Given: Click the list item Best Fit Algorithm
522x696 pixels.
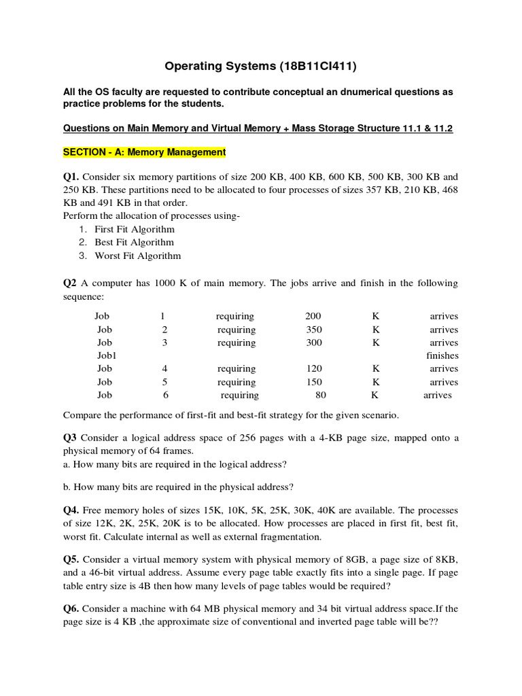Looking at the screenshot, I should (134, 242).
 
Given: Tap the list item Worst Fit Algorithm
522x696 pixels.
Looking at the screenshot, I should (137, 256).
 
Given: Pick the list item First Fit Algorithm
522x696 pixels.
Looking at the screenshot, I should (134, 229).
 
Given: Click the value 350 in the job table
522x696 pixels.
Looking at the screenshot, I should (314, 330).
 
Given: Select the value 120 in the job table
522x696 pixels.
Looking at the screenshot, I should (314, 368).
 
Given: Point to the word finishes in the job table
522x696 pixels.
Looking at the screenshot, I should (442, 355).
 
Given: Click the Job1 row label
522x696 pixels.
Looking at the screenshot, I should (107, 355).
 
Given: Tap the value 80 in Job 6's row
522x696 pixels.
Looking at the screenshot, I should (321, 395).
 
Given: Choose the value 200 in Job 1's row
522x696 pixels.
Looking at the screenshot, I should (313, 316).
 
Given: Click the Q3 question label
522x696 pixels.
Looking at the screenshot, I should (70, 438).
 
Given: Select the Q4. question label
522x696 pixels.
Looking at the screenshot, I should (71, 509).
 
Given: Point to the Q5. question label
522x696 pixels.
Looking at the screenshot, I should (71, 559).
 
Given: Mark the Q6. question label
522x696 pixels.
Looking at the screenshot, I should (71, 608).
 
